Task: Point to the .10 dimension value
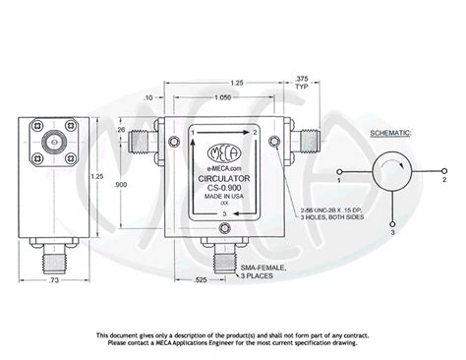147,99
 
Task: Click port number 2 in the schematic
444,180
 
